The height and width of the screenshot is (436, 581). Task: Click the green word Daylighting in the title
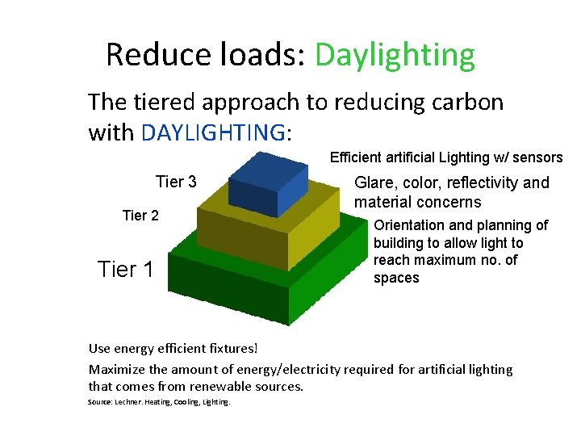click(395, 55)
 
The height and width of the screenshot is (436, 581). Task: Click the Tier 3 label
click(176, 182)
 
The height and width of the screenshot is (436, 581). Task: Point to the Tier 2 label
click(140, 215)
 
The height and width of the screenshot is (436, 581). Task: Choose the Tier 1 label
click(125, 269)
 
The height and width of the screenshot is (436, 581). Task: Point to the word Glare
click(375, 182)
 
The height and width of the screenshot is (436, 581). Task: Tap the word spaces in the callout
click(396, 278)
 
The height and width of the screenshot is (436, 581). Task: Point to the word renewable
click(230, 386)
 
